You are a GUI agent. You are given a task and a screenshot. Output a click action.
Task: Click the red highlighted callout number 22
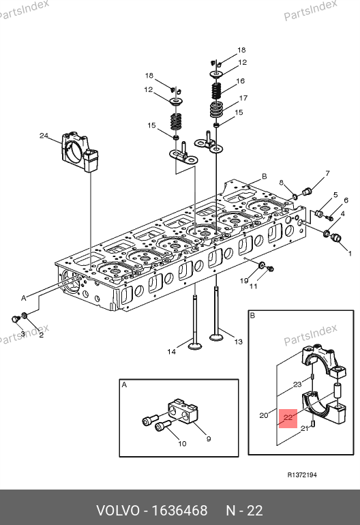click(x=288, y=417)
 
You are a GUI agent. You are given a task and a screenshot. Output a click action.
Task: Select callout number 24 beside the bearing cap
click(x=44, y=136)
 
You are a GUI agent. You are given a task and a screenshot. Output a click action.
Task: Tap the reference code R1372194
click(x=302, y=475)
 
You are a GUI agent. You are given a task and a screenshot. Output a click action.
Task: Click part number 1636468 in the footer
click(x=180, y=511)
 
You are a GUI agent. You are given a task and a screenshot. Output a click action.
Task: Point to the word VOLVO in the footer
click(x=117, y=511)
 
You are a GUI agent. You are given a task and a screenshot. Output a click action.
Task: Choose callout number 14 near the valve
click(x=171, y=352)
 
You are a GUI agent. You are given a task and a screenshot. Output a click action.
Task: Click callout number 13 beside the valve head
click(x=238, y=342)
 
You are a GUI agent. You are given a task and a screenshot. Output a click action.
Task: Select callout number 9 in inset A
click(x=209, y=438)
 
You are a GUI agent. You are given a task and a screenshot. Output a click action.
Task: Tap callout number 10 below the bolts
click(x=182, y=444)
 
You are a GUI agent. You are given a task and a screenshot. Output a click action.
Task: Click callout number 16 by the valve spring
click(x=241, y=81)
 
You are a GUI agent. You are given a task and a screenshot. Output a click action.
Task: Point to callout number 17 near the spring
click(x=243, y=98)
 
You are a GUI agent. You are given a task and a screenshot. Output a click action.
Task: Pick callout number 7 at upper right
click(x=327, y=173)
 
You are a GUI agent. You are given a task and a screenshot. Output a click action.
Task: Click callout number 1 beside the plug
click(x=350, y=254)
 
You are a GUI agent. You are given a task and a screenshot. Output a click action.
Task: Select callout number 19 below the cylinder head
click(x=244, y=281)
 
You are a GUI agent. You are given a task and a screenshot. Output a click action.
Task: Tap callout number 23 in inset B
click(x=297, y=385)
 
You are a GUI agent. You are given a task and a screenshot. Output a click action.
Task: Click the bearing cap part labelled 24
click(x=80, y=152)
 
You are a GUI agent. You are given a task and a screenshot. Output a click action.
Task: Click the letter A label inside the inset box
click(x=124, y=385)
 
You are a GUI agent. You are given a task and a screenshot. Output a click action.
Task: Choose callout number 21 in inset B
click(x=304, y=428)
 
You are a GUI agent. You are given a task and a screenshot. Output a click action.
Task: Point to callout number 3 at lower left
click(x=22, y=334)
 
